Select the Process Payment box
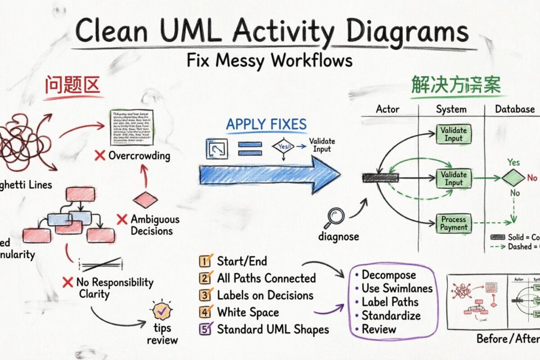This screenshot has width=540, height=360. [453, 224]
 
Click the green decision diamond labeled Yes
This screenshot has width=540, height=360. [513, 178]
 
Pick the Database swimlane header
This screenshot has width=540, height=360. [515, 109]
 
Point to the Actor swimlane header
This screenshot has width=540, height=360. [387, 109]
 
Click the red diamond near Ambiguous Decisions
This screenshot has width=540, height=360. [145, 199]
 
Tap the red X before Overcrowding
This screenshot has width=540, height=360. [100, 156]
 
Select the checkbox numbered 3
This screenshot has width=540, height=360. [205, 295]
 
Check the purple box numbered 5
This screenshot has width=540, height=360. [205, 329]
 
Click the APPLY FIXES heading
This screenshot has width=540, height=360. [266, 124]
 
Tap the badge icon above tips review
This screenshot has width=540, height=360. [161, 310]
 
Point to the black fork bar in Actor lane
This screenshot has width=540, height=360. [375, 178]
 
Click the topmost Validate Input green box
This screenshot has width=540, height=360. [453, 134]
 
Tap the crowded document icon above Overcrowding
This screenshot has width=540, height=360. [132, 127]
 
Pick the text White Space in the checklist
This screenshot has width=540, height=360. [248, 312]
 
